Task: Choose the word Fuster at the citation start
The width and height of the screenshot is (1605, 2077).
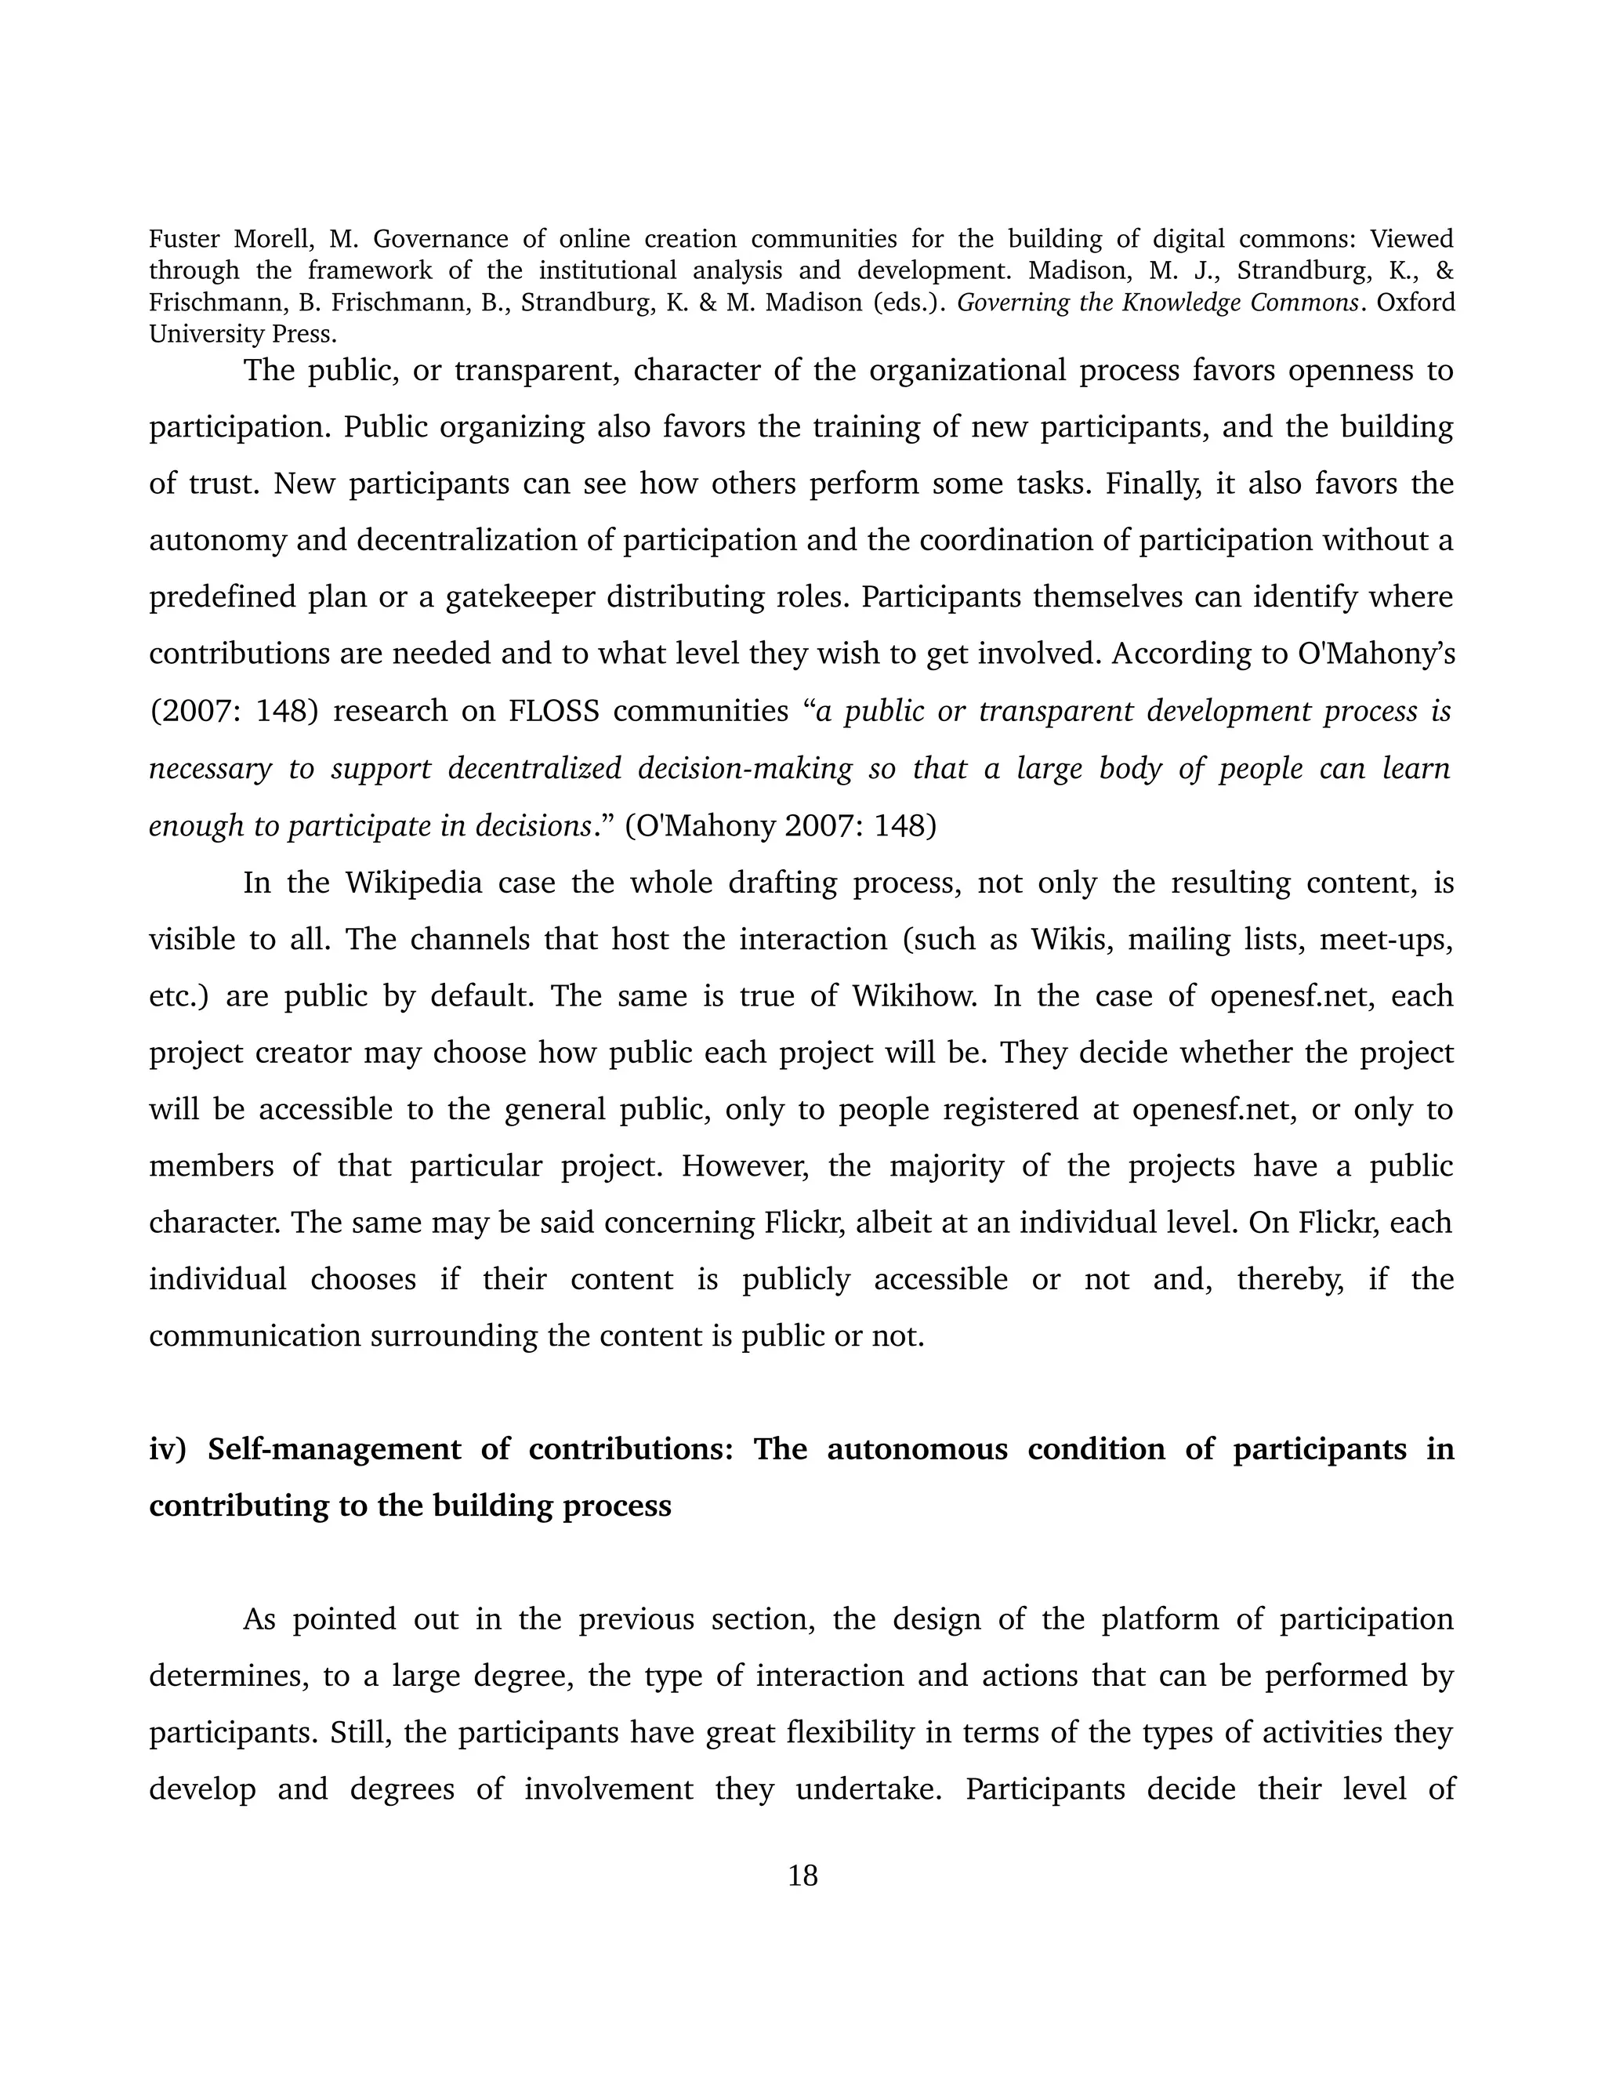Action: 186,239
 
